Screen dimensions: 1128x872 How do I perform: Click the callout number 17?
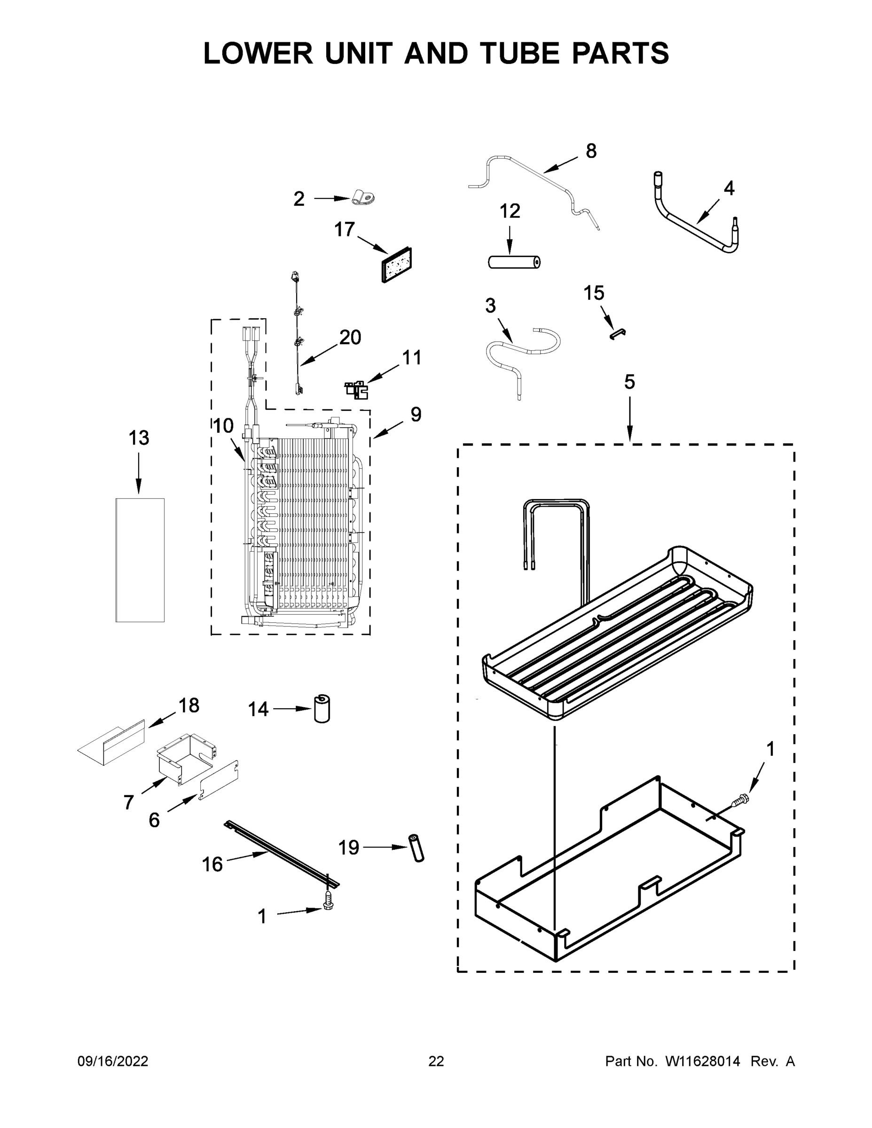coord(345,229)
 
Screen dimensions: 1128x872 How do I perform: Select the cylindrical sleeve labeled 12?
coord(514,262)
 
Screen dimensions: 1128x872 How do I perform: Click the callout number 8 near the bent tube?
coord(591,151)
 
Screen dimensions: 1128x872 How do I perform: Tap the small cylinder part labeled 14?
coord(322,709)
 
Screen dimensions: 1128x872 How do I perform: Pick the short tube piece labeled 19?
coord(416,847)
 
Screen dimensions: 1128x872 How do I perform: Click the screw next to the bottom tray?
coord(740,800)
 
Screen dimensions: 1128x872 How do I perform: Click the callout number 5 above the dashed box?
coord(629,382)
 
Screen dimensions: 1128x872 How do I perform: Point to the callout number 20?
coord(350,337)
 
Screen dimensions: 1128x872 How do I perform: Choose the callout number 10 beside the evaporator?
coord(223,426)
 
